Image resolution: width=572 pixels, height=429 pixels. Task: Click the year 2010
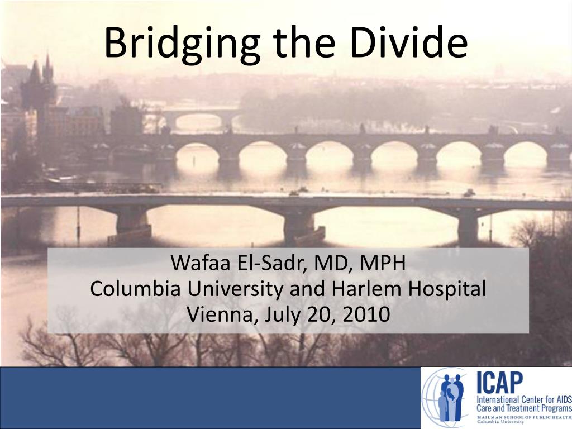coord(366,315)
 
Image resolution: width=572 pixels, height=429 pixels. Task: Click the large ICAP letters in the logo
coord(499,383)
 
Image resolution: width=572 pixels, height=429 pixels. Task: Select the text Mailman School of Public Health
coord(523,417)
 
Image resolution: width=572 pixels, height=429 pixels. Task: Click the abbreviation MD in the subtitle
coord(336,263)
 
